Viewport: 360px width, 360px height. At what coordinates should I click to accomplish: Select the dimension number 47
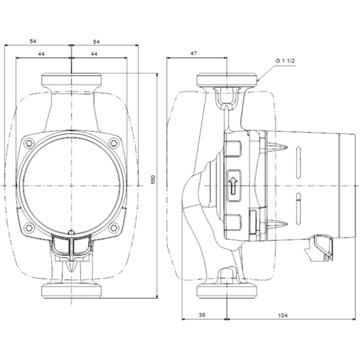[193, 53]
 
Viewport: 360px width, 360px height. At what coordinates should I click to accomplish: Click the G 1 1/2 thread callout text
[285, 60]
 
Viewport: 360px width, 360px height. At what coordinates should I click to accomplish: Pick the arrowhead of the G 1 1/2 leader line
[258, 80]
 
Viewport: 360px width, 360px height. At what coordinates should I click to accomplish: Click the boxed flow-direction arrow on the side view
[234, 186]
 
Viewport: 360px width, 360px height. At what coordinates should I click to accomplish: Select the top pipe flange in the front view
[72, 80]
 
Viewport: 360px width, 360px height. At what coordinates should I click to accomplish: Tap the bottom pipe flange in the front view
[72, 291]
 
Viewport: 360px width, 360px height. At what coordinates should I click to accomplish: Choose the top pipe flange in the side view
[227, 80]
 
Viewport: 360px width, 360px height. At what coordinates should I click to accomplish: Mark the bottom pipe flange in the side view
[227, 291]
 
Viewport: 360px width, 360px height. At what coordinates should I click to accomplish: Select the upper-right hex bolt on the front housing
[115, 143]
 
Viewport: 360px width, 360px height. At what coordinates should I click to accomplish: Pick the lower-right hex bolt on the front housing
[115, 227]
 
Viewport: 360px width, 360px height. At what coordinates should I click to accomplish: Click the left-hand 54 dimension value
[33, 42]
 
